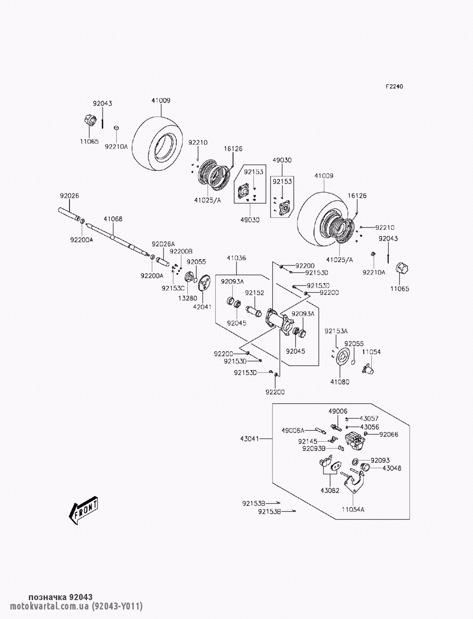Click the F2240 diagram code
[x=394, y=87]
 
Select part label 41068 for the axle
[x=113, y=219]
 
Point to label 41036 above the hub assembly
[x=236, y=258]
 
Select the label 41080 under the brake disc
[x=340, y=382]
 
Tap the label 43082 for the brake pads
[x=330, y=490]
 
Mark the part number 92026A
[x=163, y=244]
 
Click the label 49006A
[x=294, y=430]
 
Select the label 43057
[x=369, y=418]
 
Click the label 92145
[x=307, y=441]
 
